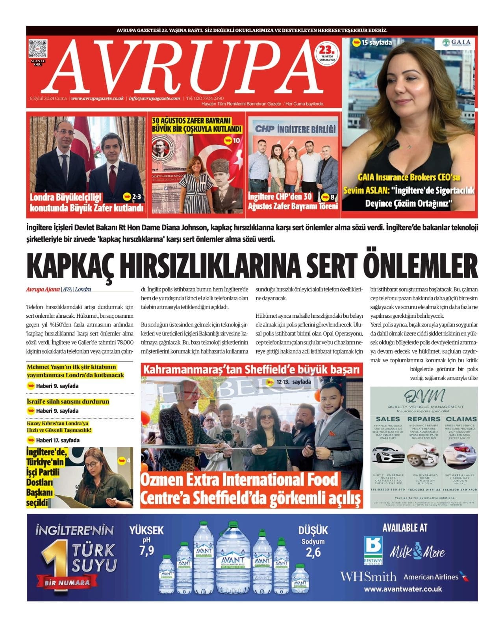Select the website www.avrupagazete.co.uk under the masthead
click(98, 98)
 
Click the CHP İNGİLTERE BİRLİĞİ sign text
click(295, 129)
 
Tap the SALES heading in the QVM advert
click(388, 419)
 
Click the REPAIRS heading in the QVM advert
click(424, 419)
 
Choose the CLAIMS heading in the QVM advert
click(461, 419)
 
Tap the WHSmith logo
click(368, 577)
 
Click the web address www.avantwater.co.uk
click(402, 589)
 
